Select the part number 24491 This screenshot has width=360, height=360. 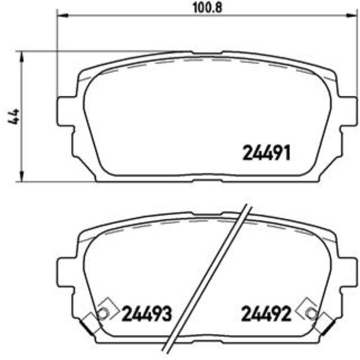(267, 152)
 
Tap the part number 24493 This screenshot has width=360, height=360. (147, 314)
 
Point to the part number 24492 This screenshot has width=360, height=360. (266, 314)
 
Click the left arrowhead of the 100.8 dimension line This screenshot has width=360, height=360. (61, 16)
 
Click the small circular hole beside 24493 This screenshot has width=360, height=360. (102, 314)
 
